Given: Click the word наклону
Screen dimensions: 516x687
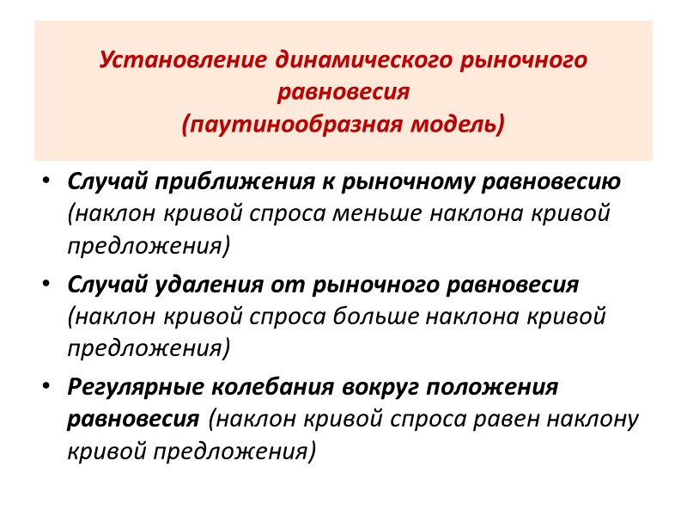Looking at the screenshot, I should pyautogui.click(x=599, y=419).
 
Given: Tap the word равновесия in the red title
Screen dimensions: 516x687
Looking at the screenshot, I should pyautogui.click(x=343, y=93).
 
